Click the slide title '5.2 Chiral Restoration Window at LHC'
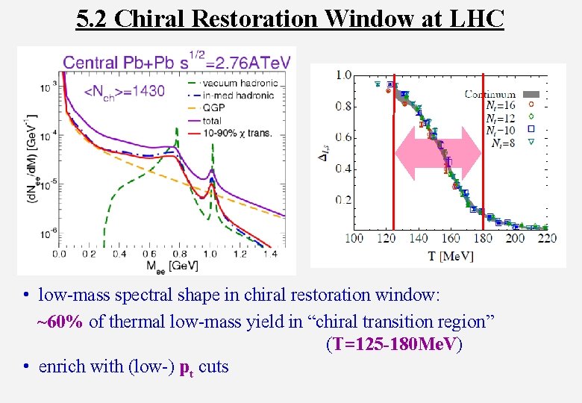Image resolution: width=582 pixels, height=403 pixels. [290, 18]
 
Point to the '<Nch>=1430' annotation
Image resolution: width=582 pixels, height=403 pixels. [125, 92]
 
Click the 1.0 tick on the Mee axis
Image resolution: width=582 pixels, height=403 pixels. [212, 254]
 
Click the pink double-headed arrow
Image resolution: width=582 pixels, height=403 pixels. [438, 153]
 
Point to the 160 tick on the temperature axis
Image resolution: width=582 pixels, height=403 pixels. [451, 238]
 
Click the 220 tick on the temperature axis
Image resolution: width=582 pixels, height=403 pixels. [546, 238]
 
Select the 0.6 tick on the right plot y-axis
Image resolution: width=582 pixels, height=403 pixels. [342, 137]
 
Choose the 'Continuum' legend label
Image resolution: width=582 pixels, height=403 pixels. [489, 94]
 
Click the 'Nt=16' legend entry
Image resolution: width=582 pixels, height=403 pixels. [501, 106]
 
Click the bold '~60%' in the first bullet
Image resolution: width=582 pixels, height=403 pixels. [60, 322]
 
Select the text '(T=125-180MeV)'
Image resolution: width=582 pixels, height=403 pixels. [393, 344]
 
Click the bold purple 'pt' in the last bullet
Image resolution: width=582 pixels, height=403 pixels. [187, 367]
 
